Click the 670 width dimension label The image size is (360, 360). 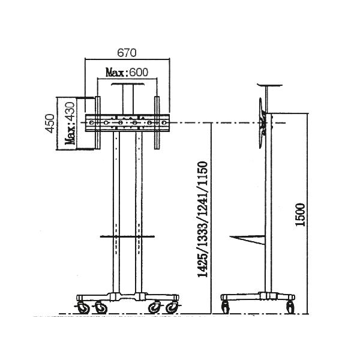126,52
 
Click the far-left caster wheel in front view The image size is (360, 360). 82,307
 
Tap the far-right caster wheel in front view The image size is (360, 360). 173,307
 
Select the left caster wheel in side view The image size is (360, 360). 226,308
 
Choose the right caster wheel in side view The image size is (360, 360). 291,308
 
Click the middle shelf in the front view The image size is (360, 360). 127,237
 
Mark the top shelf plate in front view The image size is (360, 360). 127,86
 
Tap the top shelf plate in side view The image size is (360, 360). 269,86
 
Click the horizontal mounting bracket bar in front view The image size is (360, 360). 127,124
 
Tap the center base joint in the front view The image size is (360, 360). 127,296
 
